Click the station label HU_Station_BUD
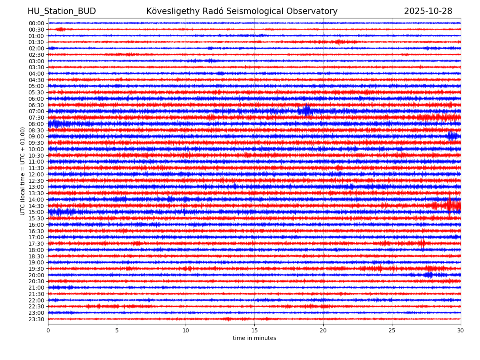pos(62,11)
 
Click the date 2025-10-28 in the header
pos(428,11)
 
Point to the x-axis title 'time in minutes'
pos(254,338)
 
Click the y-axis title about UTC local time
pos(23,171)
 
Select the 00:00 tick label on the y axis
pos(36,23)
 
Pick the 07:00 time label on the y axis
pos(36,111)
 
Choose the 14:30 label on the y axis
pos(36,206)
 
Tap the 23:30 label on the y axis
pos(36,319)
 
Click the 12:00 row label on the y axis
pos(36,174)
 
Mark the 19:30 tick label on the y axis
pos(36,269)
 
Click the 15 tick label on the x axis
pos(254,330)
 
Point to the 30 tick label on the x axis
pos(461,330)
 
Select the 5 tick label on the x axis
pos(117,330)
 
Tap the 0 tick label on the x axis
pos(48,330)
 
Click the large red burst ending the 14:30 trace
pos(450,205)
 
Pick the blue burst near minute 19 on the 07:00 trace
pos(306,111)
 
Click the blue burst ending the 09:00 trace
pos(453,136)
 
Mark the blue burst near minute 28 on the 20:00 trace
pos(428,275)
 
